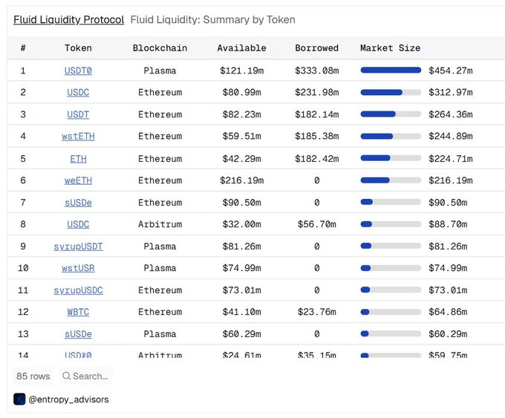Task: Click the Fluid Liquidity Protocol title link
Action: point(68,20)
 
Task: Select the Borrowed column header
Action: point(316,48)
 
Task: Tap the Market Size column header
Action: point(390,48)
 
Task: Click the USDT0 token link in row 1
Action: point(78,71)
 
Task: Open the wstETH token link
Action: point(78,137)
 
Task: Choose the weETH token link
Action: point(78,180)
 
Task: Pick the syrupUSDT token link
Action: point(78,246)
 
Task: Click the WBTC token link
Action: point(78,312)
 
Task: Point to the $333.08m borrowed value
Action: point(316,71)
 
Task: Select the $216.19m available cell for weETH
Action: point(241,180)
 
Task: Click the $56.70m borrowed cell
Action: point(316,224)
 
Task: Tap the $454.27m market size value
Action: point(451,71)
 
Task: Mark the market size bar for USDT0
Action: point(391,71)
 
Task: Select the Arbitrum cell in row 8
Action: point(160,224)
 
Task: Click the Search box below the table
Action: point(85,376)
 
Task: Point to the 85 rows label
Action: point(33,376)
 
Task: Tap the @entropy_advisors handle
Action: point(68,399)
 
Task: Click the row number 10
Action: point(23,268)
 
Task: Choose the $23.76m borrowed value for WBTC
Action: point(316,312)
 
